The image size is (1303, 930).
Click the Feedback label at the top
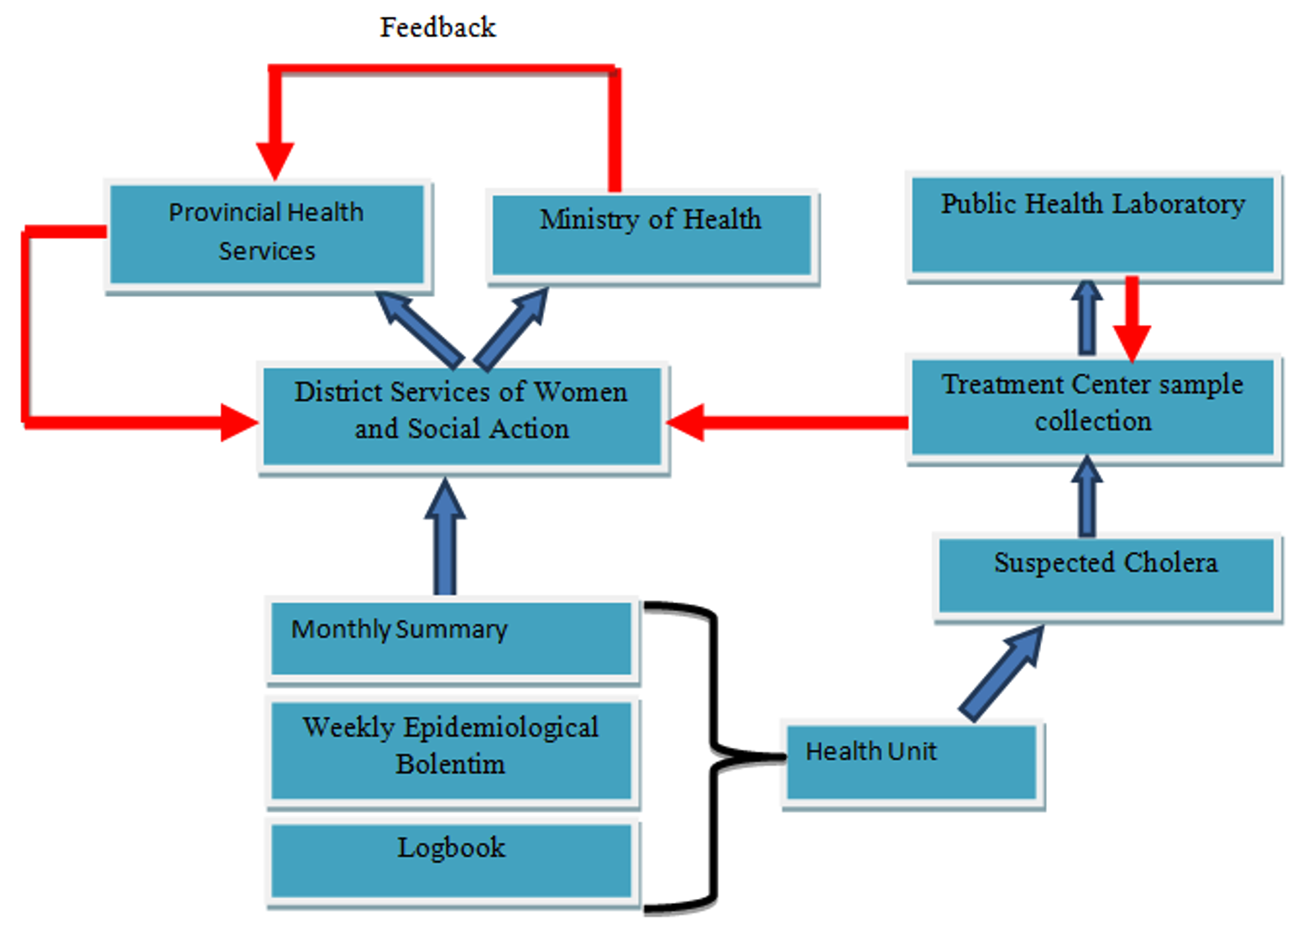(437, 28)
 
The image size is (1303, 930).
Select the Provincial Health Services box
(267, 234)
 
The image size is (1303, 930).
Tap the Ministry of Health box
(651, 235)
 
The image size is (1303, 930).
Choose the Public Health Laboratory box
(1092, 224)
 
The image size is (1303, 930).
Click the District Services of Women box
(462, 415)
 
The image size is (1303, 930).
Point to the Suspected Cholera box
(1106, 576)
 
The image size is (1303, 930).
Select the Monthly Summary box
(451, 639)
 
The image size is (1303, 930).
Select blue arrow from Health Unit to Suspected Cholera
(1001, 673)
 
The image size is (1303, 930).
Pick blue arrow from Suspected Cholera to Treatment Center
(1086, 498)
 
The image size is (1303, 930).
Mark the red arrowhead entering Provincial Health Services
(275, 159)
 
